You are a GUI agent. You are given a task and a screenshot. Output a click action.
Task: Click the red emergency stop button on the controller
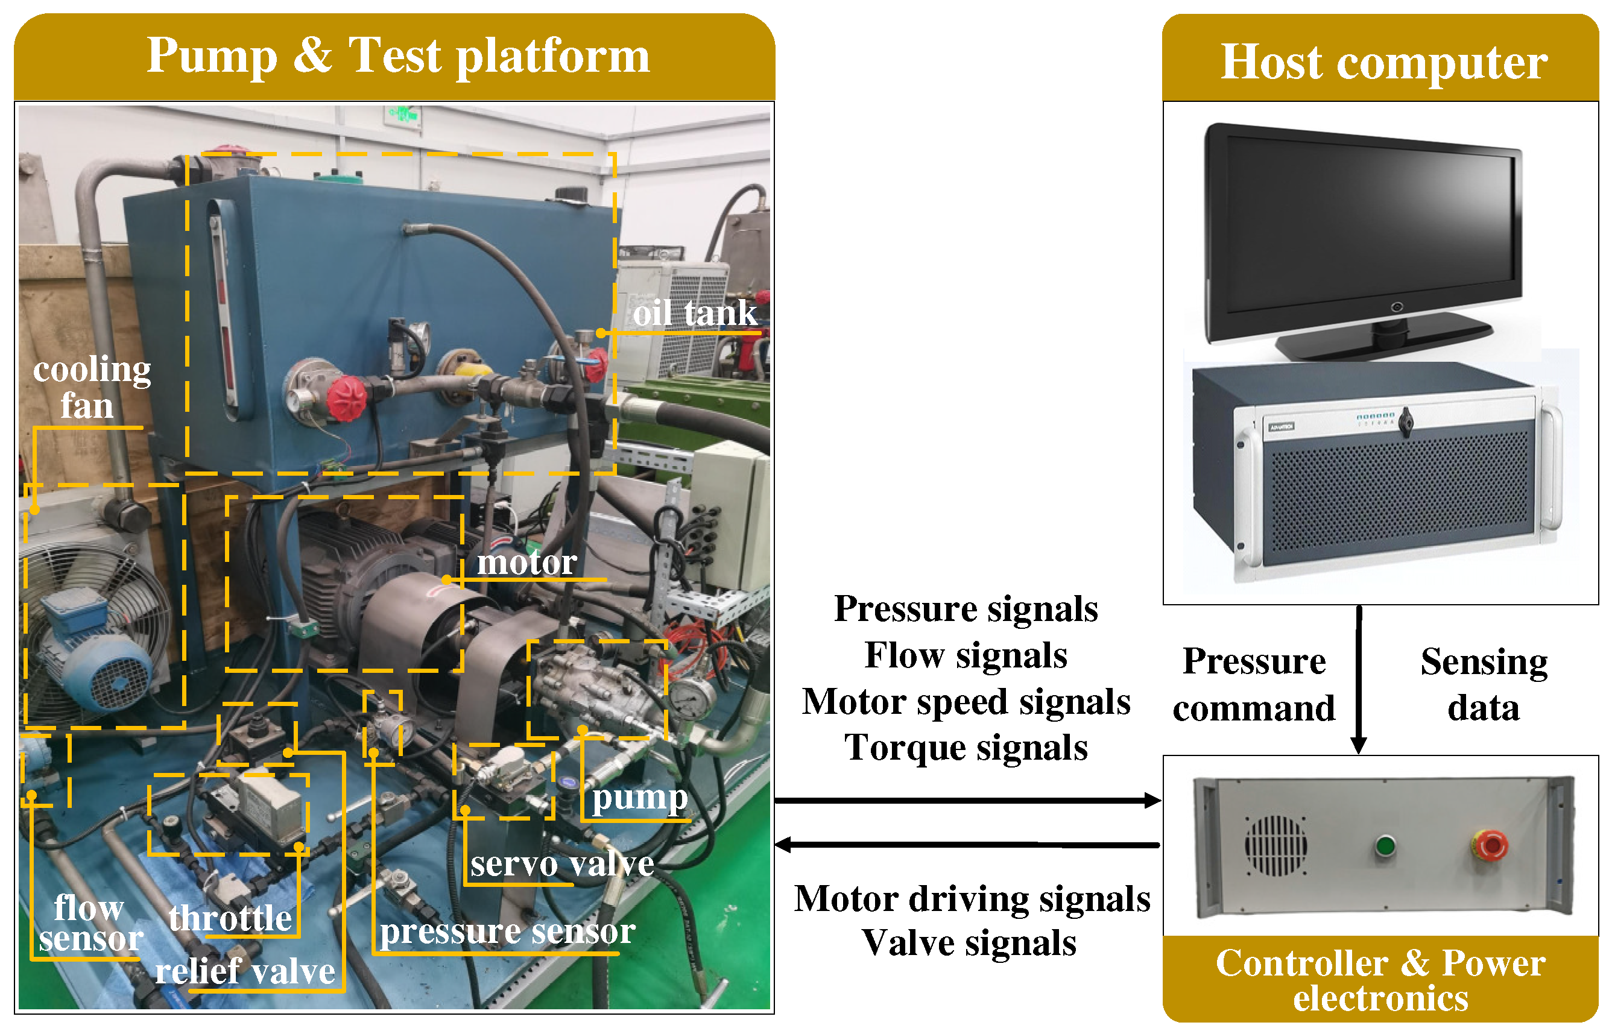(1489, 845)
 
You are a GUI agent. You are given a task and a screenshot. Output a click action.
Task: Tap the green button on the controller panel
(1384, 845)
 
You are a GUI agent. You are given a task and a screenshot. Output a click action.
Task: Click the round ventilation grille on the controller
(1276, 845)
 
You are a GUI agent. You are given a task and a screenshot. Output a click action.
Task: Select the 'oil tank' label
(694, 313)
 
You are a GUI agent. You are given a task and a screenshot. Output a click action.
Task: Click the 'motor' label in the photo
(526, 562)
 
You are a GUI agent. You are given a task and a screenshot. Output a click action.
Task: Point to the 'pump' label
(639, 798)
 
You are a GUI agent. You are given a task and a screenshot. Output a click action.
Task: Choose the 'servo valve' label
(561, 863)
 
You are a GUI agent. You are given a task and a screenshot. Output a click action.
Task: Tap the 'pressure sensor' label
(507, 931)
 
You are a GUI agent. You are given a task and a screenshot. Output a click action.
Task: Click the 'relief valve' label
(245, 971)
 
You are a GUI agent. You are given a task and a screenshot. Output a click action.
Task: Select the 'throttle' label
(230, 917)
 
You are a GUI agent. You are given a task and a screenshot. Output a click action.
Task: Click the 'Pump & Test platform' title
(397, 55)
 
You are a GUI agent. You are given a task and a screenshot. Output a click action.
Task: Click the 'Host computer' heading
(1383, 61)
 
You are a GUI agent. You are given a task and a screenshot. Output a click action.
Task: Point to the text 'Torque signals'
(966, 747)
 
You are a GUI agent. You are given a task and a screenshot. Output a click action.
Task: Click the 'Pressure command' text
(1253, 685)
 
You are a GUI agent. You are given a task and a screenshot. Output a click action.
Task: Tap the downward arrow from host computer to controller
(1358, 678)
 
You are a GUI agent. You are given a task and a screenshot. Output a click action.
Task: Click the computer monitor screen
(1370, 229)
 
